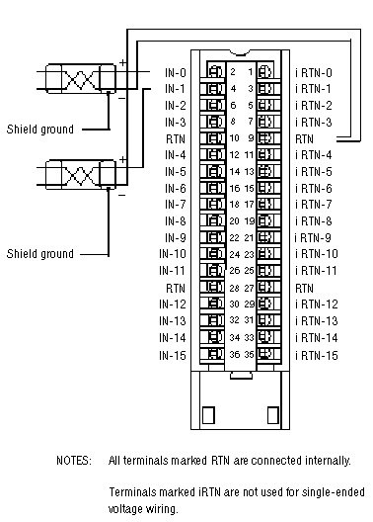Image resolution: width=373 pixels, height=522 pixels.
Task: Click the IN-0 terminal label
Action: pyautogui.click(x=176, y=73)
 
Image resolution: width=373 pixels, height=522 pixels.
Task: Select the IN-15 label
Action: pyautogui.click(x=173, y=355)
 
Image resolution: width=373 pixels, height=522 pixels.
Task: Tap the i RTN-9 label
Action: pyautogui.click(x=313, y=237)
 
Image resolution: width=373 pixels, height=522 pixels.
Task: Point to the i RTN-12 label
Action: pyautogui.click(x=317, y=304)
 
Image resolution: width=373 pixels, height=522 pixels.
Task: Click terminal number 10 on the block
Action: pyautogui.click(x=235, y=137)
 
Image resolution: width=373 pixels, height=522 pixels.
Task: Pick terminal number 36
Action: pyautogui.click(x=235, y=354)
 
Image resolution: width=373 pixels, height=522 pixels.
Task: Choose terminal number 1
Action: pyautogui.click(x=251, y=71)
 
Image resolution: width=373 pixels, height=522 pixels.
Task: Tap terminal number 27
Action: pyautogui.click(x=249, y=288)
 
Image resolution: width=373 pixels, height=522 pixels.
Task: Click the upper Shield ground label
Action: pyautogui.click(x=40, y=130)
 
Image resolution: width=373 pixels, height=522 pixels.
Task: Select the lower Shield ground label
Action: pyautogui.click(x=40, y=254)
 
